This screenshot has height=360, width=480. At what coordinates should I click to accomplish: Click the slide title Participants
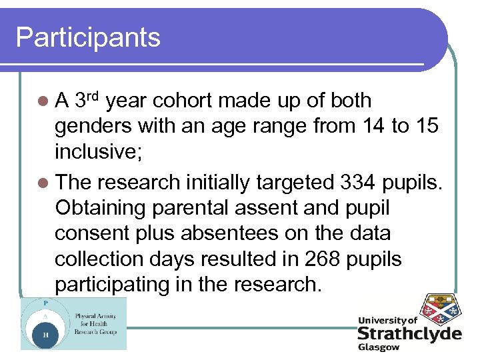pyautogui.click(x=88, y=37)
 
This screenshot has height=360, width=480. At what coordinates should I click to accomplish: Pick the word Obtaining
pyautogui.click(x=101, y=208)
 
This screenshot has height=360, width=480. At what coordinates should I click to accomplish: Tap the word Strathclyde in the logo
pyautogui.click(x=409, y=334)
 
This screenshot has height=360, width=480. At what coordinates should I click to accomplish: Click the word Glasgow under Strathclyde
pyautogui.click(x=379, y=348)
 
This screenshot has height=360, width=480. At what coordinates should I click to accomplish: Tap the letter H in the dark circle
pyautogui.click(x=45, y=335)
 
